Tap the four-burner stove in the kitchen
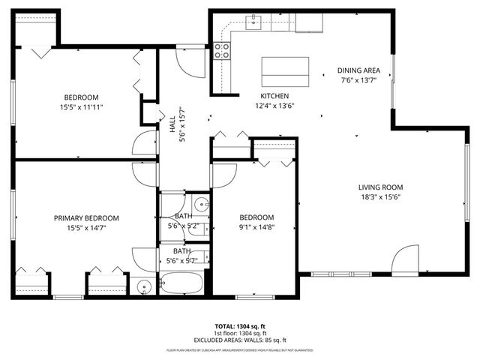[222, 50]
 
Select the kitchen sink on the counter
[255, 22]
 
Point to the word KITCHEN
[274, 96]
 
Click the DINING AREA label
[358, 70]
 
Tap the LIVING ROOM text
[380, 187]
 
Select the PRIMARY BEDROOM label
[86, 218]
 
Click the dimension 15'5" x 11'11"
[81, 107]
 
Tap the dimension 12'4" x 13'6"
[274, 106]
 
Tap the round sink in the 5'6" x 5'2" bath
[201, 205]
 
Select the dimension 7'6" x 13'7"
[358, 80]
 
